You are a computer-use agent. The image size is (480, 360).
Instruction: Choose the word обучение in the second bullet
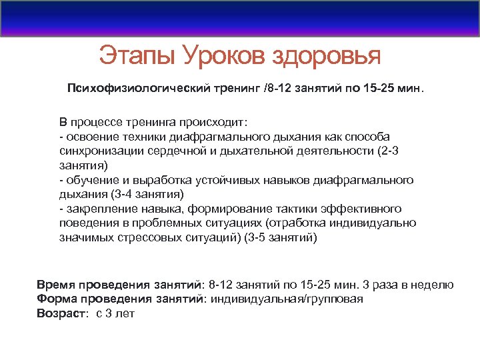pos(89,180)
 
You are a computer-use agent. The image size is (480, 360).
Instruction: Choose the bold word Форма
pos(53,299)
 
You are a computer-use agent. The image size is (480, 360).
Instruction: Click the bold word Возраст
pos(61,313)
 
